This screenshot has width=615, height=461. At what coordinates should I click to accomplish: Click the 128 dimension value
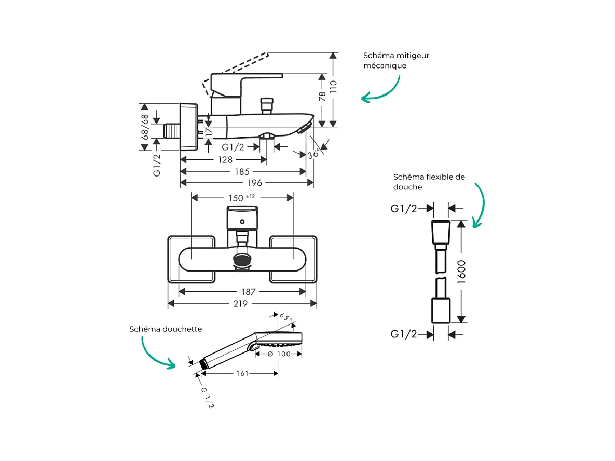point(226,160)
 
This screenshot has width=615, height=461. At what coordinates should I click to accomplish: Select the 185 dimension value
point(242,171)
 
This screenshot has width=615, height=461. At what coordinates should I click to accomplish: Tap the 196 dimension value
point(254,183)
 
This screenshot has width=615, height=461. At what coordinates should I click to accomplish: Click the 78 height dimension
point(322,96)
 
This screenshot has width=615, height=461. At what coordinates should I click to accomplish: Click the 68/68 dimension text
point(145,125)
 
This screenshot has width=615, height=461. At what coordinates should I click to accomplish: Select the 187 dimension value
point(249,292)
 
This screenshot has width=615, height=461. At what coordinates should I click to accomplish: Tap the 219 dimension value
point(240,304)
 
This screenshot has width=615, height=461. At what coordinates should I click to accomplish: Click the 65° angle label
point(286,317)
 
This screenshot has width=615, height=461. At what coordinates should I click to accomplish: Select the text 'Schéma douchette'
point(166,329)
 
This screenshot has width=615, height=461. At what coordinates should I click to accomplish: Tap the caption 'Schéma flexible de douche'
point(429,182)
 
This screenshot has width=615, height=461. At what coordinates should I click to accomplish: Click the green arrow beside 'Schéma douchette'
point(157,353)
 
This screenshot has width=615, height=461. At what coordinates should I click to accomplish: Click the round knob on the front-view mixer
point(242,260)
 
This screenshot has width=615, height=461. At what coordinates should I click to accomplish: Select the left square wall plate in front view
point(191,259)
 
